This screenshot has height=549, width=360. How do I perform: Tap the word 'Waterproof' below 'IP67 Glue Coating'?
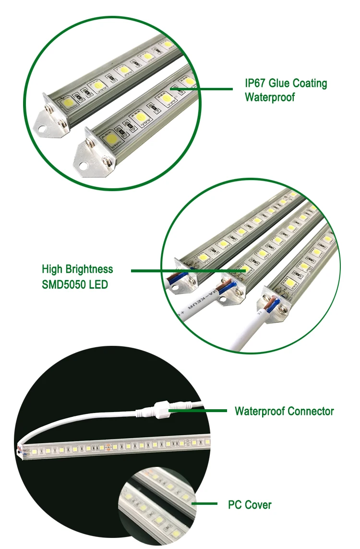coord(269,97)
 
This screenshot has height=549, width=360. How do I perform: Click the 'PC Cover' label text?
coord(250,505)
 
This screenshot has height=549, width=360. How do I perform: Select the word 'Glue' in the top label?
coord(279,83)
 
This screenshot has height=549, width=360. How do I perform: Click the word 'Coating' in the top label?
coord(310,83)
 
